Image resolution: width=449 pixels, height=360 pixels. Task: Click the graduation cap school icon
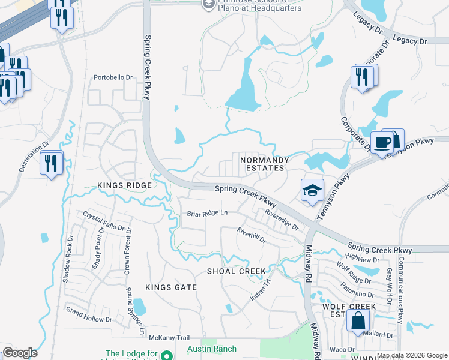click(312, 191)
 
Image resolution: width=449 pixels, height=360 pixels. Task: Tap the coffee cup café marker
click(382, 143)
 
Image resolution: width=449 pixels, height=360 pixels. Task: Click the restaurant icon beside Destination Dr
click(51, 163)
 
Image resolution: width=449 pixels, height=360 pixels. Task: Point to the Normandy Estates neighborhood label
click(264, 164)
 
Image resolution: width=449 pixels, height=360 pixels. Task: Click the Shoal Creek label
click(236, 271)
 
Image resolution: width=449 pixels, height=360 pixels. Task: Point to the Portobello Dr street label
click(112, 77)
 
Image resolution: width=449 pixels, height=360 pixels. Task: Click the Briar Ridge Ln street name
click(207, 213)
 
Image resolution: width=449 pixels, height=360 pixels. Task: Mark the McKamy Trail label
click(169, 337)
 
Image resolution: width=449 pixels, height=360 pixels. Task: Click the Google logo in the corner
click(20, 353)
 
